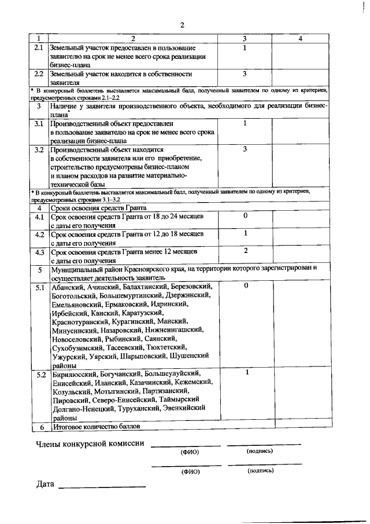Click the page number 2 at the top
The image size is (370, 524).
(x=182, y=25)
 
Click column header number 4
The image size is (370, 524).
(x=300, y=38)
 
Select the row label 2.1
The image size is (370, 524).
(x=39, y=47)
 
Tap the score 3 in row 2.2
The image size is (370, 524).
(x=245, y=74)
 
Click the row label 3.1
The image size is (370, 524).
(x=39, y=123)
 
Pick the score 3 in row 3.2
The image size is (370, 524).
(x=245, y=149)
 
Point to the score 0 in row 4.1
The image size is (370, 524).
(x=245, y=215)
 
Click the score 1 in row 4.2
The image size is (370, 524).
(x=245, y=233)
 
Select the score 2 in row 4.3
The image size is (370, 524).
(x=245, y=251)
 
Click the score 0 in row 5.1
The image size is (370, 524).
(x=245, y=286)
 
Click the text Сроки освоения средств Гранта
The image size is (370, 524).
(x=98, y=207)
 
